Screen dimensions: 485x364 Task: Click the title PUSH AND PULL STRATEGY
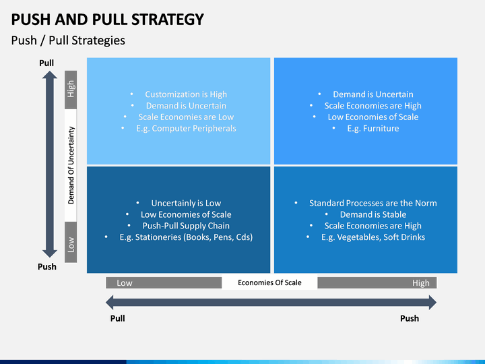tap(107, 19)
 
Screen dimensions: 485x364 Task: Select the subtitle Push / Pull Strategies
tap(68, 40)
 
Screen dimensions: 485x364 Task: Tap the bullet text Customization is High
tap(186, 94)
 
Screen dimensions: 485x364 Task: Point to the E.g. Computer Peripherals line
tap(186, 128)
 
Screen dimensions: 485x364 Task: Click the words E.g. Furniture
tap(373, 128)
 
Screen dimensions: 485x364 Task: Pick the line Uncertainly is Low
tap(186, 203)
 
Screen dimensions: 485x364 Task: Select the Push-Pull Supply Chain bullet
tap(186, 226)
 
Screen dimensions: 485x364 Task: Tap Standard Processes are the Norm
tap(373, 203)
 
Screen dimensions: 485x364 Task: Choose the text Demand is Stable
tap(373, 214)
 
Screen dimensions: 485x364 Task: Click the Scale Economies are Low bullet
tap(186, 117)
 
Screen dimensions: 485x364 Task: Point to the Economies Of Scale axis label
tap(269, 282)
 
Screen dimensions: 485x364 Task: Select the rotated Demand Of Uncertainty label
tap(71, 165)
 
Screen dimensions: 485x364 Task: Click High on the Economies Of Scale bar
tap(420, 283)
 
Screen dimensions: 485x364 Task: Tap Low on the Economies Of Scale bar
tap(125, 283)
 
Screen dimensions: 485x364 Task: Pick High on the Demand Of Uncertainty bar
tap(71, 89)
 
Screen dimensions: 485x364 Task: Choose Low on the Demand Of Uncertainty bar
tap(71, 245)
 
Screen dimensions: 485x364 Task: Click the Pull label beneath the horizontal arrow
tap(117, 318)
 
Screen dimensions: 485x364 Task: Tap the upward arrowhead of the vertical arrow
tap(50, 75)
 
